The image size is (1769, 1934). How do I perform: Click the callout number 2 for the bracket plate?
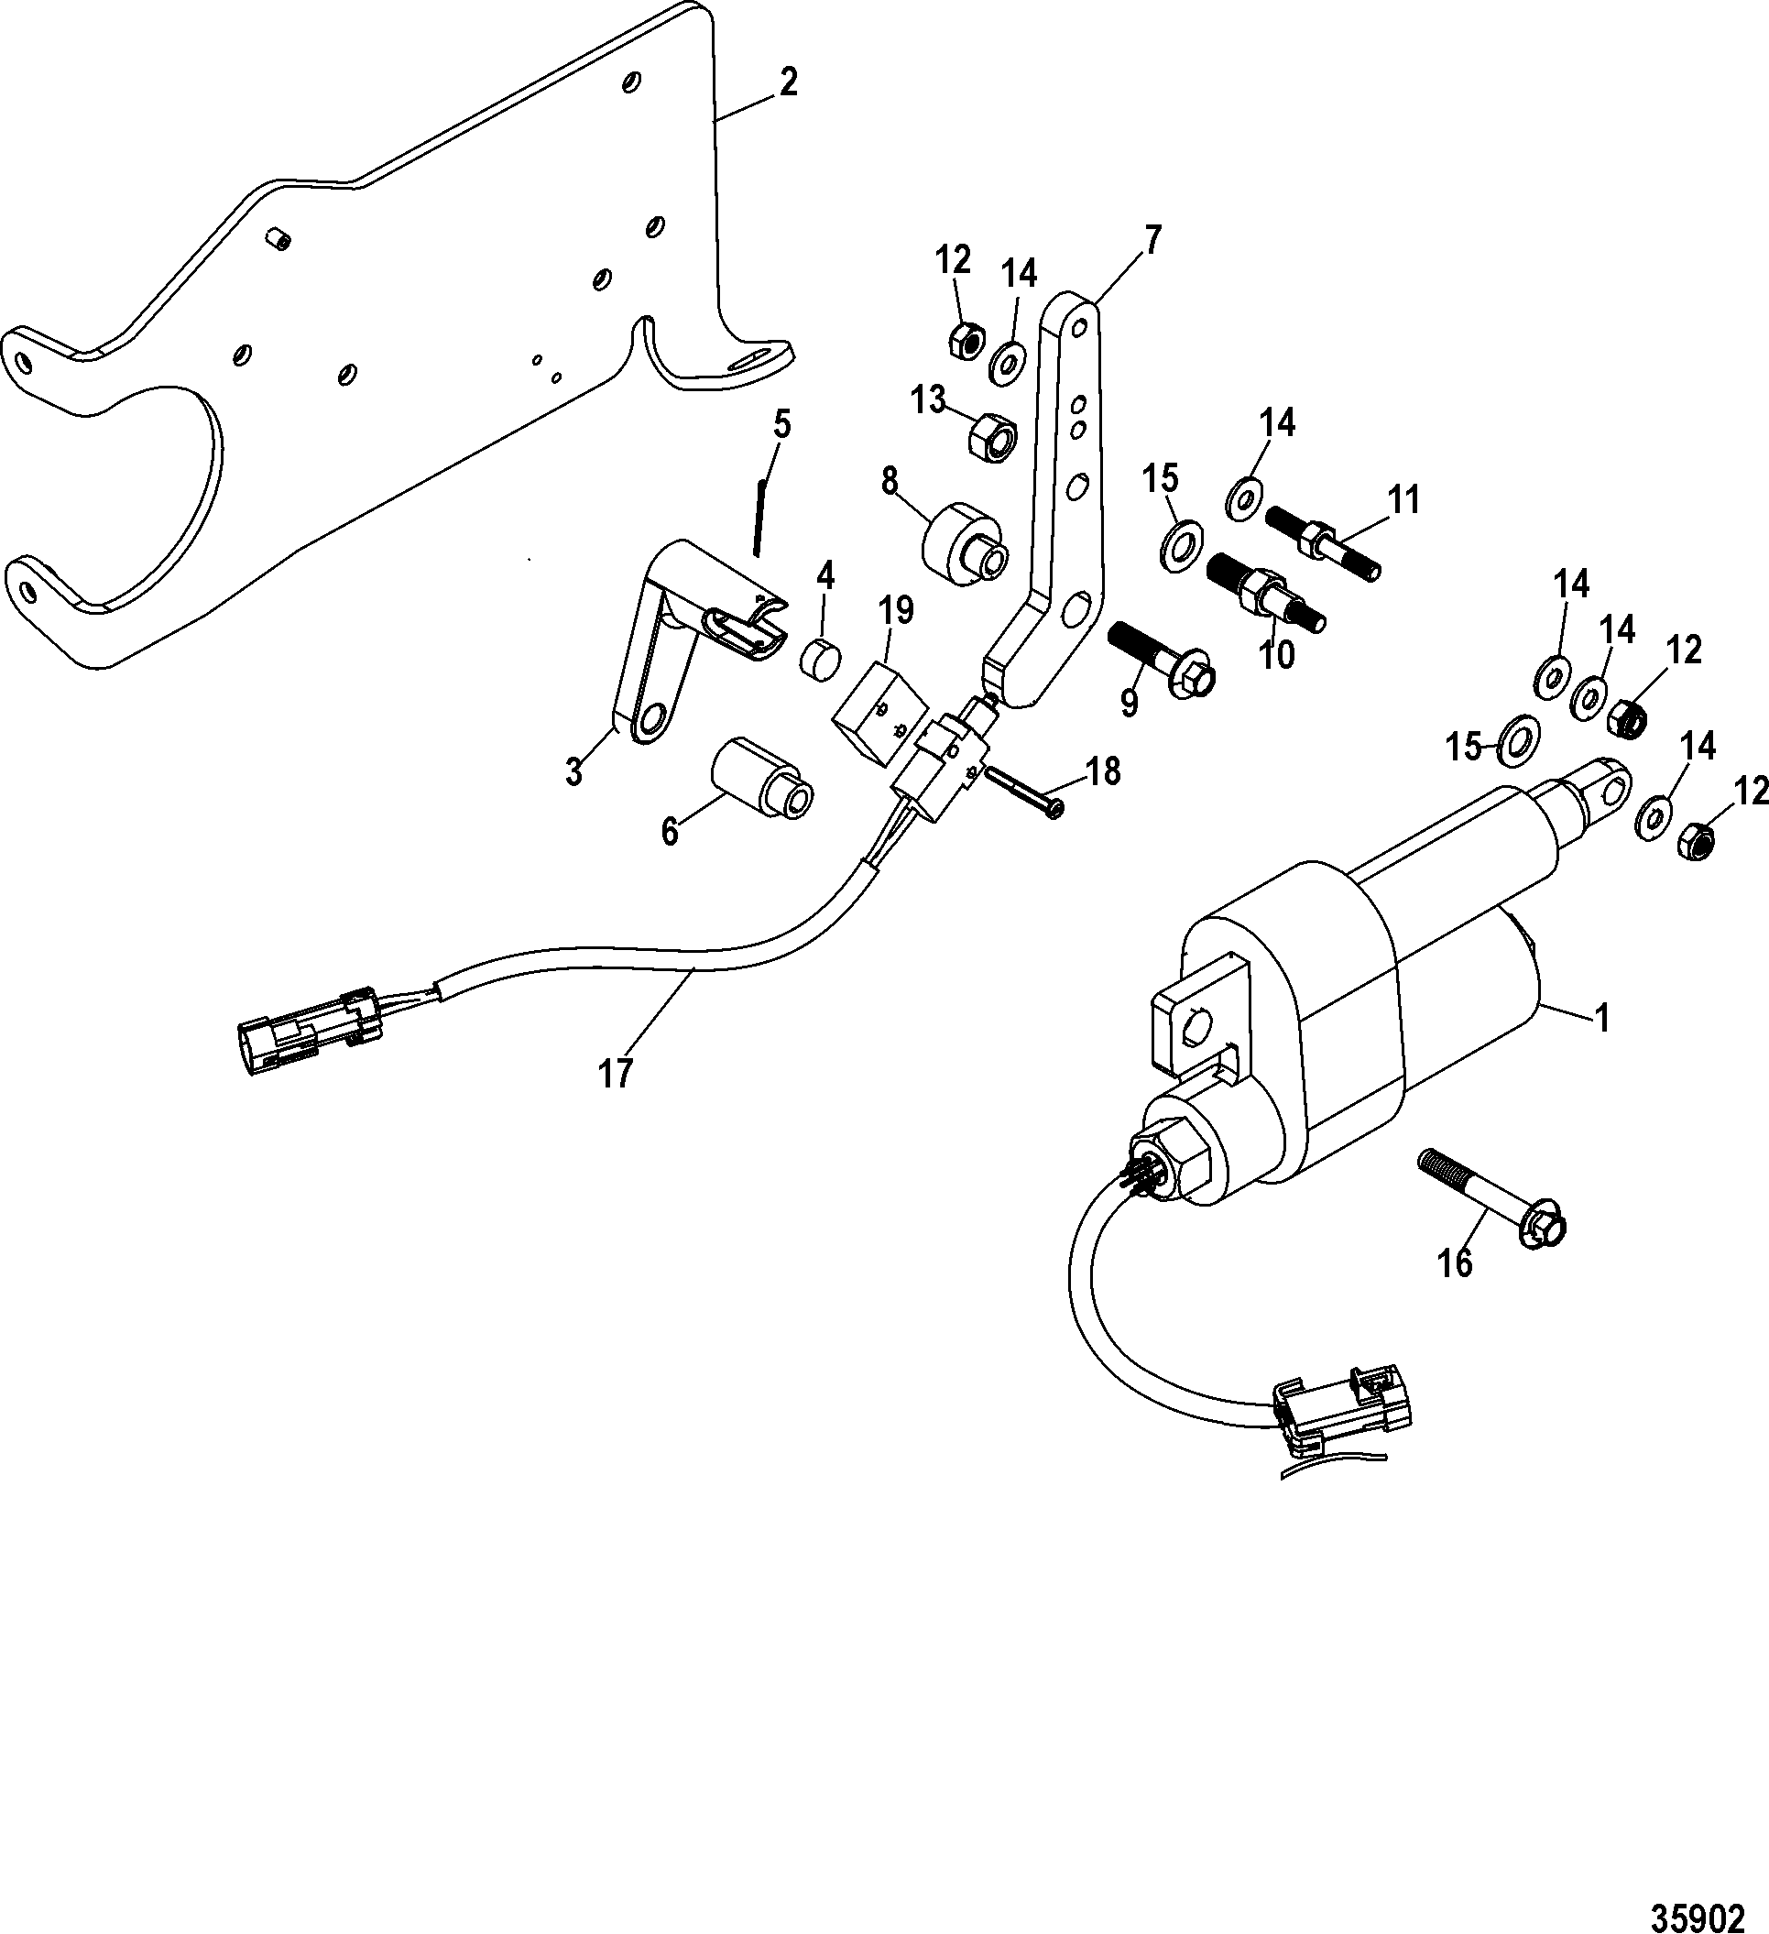coord(787,84)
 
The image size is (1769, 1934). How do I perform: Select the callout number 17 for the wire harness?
coord(616,1074)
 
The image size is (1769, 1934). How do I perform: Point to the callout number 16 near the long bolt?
coord(1455,1264)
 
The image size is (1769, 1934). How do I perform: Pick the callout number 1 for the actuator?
coord(1601,1018)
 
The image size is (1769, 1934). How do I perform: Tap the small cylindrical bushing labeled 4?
coord(820,660)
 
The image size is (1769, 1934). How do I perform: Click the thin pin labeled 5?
coord(758,518)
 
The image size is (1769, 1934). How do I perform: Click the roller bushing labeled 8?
coord(961,543)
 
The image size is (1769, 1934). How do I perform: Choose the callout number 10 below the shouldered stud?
coord(1277,654)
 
